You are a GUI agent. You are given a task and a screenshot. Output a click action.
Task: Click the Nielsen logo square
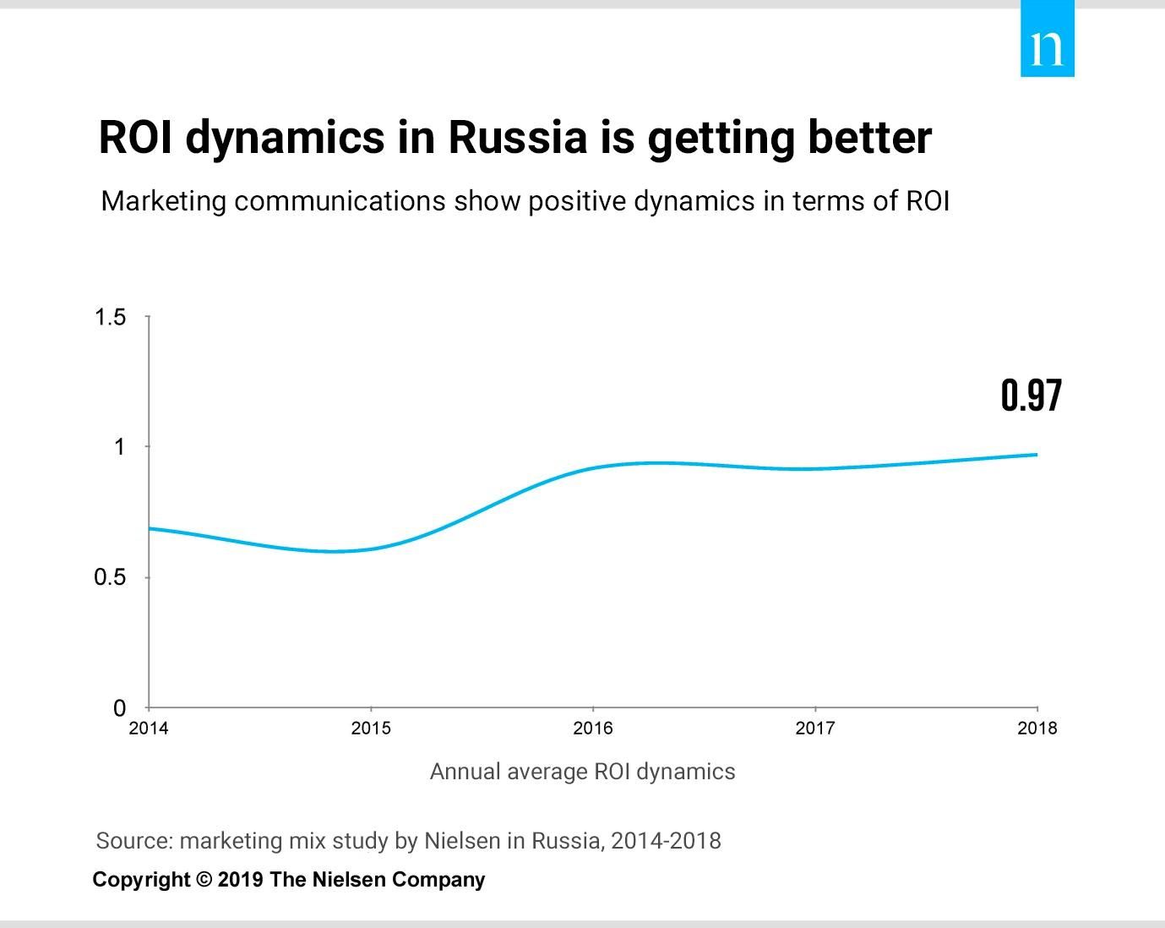point(1047,39)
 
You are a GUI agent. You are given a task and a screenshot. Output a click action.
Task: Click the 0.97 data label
point(1031,396)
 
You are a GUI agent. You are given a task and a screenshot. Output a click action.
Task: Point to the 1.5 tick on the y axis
point(111,317)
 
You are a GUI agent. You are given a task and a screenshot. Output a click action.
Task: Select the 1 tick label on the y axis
point(119,446)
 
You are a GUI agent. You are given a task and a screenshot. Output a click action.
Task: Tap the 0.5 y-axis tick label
point(110,577)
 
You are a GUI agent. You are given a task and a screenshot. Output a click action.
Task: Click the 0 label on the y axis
point(120,707)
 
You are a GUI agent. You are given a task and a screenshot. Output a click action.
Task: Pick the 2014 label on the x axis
point(149,729)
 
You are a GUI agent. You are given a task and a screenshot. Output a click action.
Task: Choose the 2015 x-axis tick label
point(371,729)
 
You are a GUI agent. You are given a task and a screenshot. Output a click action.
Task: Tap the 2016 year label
point(593,729)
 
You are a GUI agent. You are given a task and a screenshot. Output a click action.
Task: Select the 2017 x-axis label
point(815,729)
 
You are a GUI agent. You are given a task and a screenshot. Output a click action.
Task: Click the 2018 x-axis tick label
point(1037,729)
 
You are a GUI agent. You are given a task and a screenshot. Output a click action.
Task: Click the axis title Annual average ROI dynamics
point(582,772)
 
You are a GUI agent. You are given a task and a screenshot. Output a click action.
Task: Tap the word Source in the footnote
point(133,841)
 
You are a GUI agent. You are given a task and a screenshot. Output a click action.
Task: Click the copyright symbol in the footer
point(204,880)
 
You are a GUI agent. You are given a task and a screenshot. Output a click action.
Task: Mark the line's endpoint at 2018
point(1037,455)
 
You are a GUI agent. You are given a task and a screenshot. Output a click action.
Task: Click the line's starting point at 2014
point(150,528)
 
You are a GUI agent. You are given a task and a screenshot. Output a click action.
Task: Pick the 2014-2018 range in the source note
point(666,841)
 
